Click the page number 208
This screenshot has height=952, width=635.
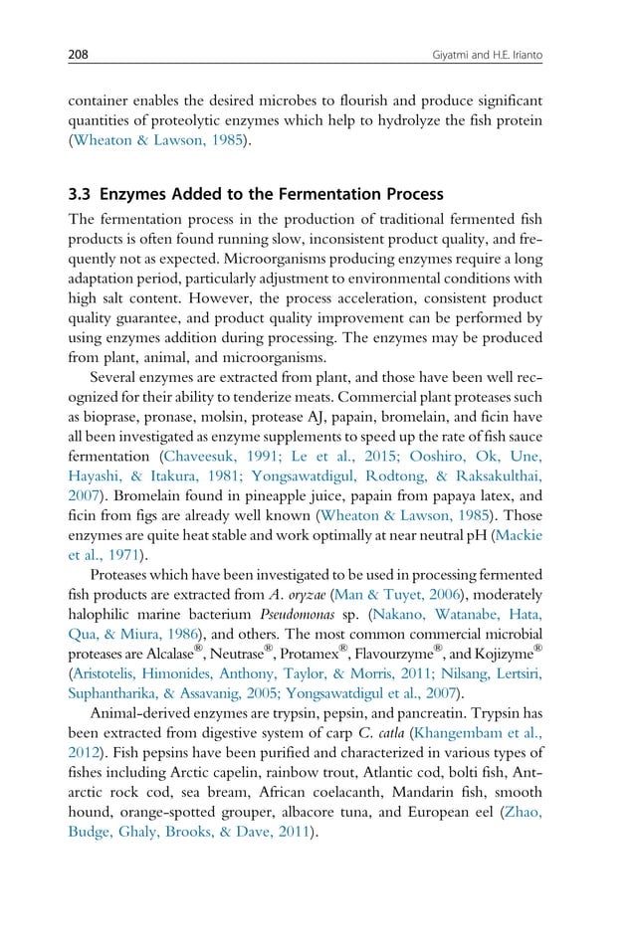point(79,56)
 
